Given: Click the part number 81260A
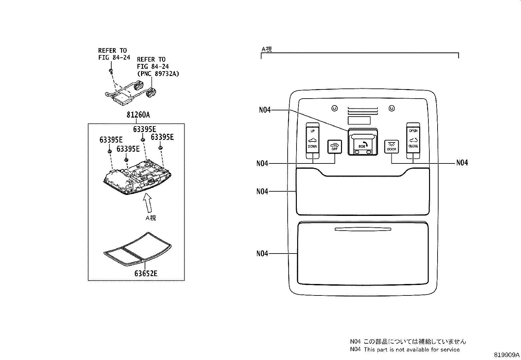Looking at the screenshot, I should point(138,115).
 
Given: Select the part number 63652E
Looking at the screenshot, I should point(146,273).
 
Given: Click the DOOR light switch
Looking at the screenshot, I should point(391,147).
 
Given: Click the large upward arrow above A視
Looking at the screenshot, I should point(148,203).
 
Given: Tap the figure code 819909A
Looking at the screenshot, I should point(507,355).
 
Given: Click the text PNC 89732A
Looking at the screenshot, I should point(158,74).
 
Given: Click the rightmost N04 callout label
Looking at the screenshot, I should point(462,163).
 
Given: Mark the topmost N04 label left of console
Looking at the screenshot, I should point(265,110).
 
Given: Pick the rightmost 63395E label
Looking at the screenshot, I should point(162,137).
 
